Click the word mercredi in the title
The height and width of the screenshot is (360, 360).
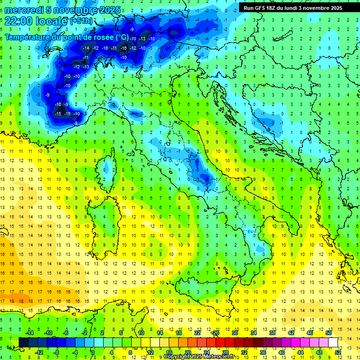pyautogui.click(x=24, y=10)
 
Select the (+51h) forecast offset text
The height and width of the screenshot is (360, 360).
pyautogui.click(x=81, y=21)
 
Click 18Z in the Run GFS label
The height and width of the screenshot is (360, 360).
pyautogui.click(x=269, y=8)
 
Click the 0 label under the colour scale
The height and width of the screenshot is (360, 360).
pyautogui.click(x=92, y=352)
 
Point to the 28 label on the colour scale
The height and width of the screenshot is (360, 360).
pyautogui.click(x=225, y=352)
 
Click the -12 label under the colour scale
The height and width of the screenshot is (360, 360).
pyautogui.click(x=39, y=352)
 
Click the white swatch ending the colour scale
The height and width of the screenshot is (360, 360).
pyautogui.click(x=333, y=343)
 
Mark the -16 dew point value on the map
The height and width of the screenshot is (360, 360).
pyautogui.click(x=124, y=48)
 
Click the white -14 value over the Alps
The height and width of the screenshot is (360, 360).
pyautogui.click(x=86, y=48)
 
